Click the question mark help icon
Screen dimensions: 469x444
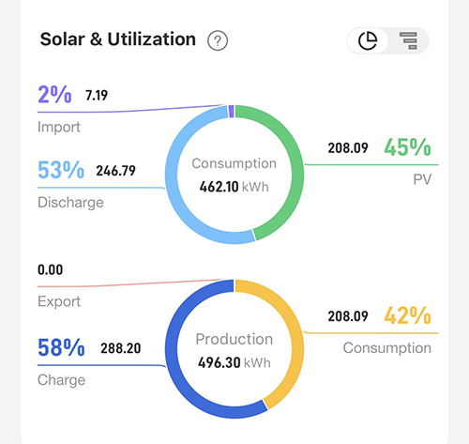(x=218, y=40)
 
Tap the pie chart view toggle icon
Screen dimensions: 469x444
(x=368, y=40)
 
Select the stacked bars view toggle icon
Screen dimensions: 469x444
(x=408, y=40)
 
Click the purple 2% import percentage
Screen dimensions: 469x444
(x=54, y=95)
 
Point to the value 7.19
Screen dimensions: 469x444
(x=97, y=96)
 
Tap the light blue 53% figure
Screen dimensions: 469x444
(x=61, y=170)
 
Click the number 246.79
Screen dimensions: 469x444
(x=115, y=171)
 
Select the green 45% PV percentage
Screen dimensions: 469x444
(x=408, y=147)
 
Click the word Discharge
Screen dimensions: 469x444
(x=70, y=203)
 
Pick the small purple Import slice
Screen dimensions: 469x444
(x=232, y=112)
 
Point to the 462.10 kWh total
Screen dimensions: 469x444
(x=234, y=187)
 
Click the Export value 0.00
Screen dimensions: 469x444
(x=51, y=269)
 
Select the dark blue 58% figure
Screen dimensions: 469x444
(x=61, y=347)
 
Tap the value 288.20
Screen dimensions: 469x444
(x=121, y=348)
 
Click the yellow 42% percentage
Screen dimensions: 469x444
(x=408, y=315)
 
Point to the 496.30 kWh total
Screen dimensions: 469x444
(x=234, y=363)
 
